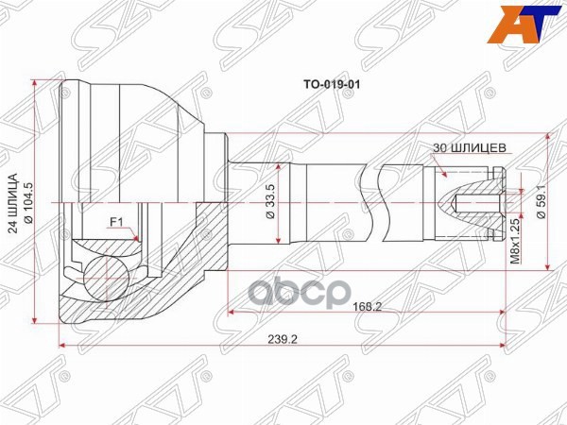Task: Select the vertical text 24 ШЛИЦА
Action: tap(13, 204)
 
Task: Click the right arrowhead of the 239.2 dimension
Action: tap(511, 346)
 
